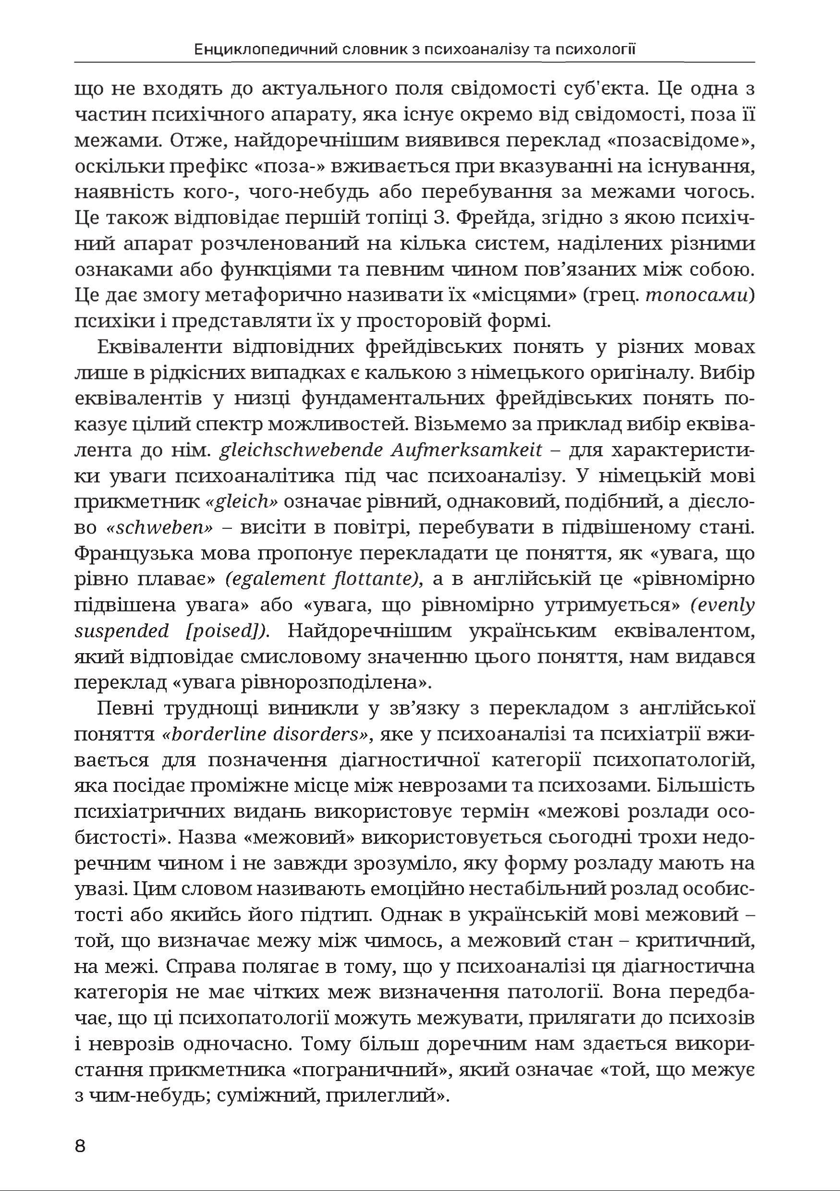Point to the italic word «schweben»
click(x=160, y=528)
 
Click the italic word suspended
click(x=122, y=631)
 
